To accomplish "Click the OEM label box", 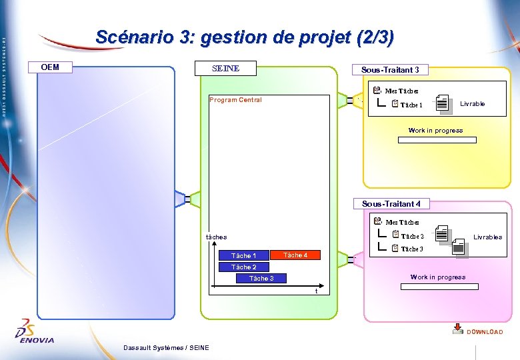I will point(50,67).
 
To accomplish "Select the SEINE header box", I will point(225,68).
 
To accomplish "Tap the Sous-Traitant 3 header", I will point(390,70).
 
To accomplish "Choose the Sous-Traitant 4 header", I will point(391,203).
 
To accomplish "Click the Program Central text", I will point(235,100).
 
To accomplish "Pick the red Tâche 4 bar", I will point(295,255).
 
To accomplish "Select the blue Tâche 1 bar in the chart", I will point(243,256).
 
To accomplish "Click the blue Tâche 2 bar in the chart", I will point(243,267).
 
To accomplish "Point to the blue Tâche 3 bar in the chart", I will point(261,279).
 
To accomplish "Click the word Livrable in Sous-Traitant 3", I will point(473,104).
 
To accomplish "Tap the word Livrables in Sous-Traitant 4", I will point(488,237).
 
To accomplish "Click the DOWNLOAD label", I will point(485,332).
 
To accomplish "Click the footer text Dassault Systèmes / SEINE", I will point(166,347).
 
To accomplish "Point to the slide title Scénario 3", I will point(245,37).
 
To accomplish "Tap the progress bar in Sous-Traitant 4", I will point(439,287).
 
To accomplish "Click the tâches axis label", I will point(216,237).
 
